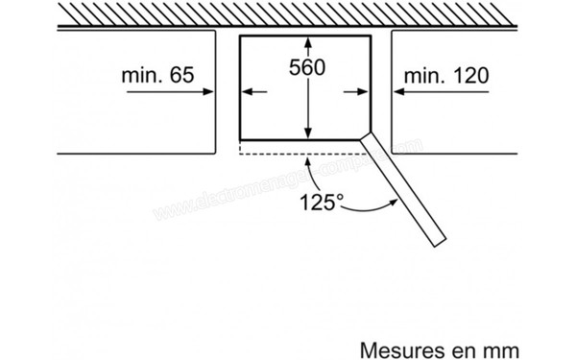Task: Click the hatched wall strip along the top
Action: [288, 15]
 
